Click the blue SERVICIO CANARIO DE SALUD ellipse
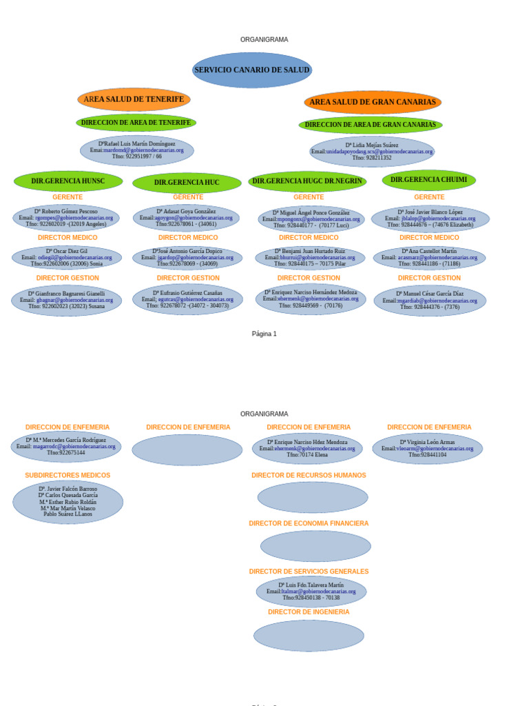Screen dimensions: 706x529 251,70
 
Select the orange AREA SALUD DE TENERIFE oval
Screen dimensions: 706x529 134,99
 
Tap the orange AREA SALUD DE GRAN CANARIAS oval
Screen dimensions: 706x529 372,102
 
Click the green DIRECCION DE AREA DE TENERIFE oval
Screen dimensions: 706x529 136,123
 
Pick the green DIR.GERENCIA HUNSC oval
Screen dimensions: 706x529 68,181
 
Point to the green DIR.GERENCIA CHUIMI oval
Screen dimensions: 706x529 428,180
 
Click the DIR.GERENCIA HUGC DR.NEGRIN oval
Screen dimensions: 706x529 307,181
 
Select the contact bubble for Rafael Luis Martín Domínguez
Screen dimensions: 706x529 137,150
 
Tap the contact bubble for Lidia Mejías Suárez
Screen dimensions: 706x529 372,152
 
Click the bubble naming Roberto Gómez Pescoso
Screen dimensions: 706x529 66,218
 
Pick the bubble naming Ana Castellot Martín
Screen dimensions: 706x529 429,257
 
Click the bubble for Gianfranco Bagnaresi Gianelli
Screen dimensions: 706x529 67,300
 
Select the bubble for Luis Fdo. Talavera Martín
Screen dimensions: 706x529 311,592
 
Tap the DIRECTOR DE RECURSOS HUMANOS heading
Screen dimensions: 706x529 309,475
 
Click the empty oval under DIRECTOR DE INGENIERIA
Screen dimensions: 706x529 309,636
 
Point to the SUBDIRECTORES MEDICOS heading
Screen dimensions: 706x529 68,475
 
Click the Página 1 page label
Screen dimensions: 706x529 264,334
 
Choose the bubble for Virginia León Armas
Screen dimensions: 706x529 427,449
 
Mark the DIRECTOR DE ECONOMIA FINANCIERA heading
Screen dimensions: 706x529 309,523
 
